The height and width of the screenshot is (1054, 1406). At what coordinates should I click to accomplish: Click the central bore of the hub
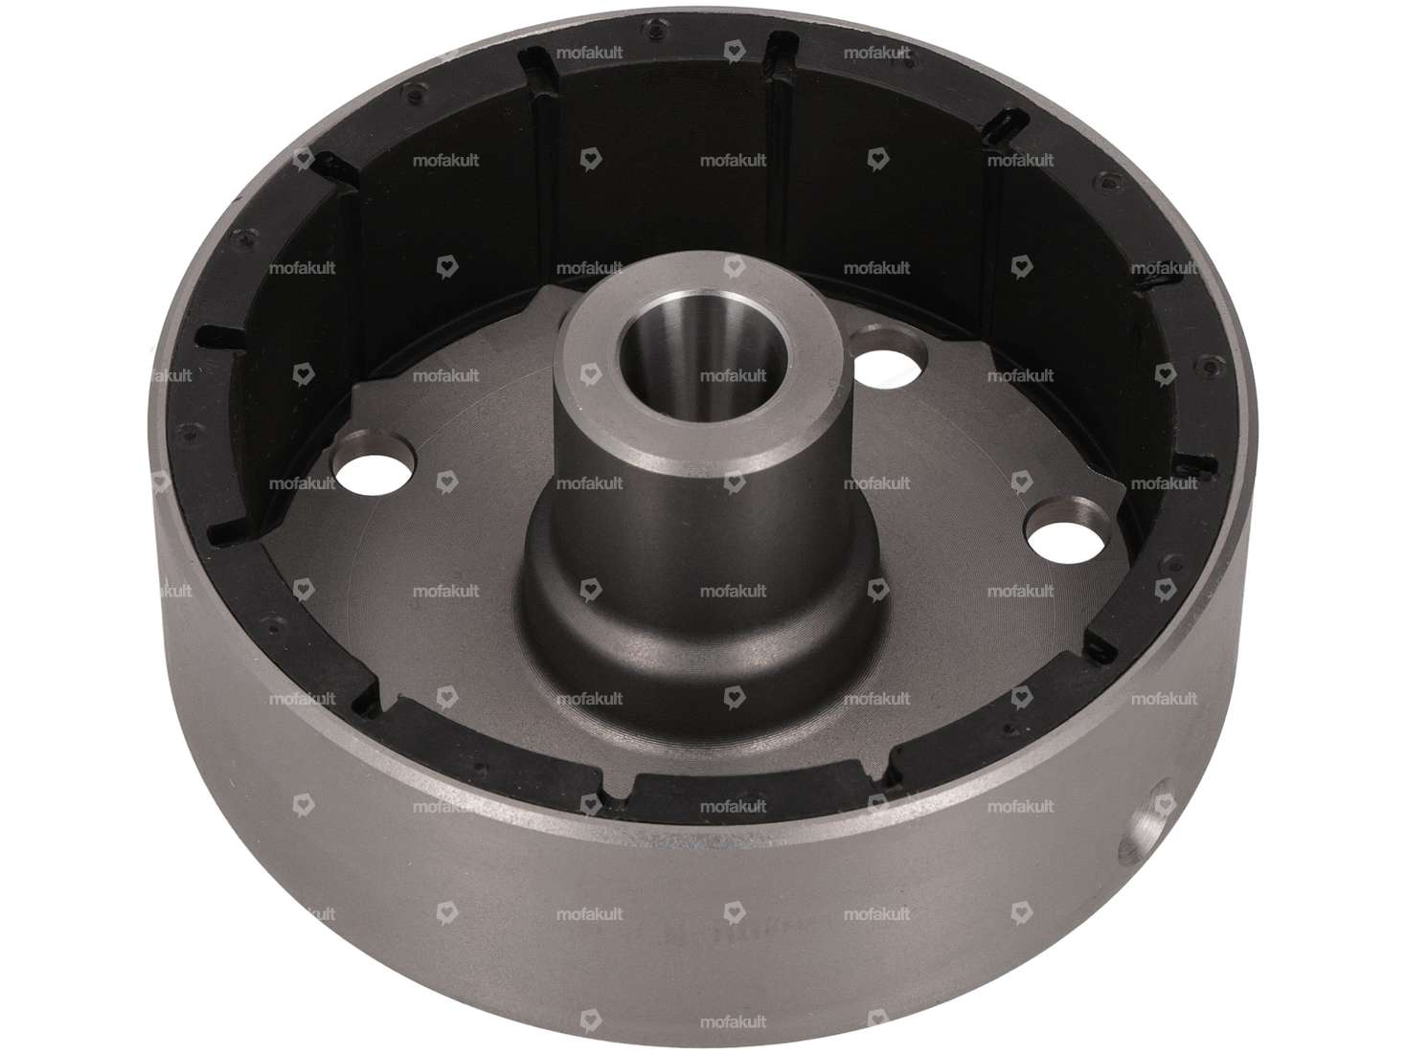pyautogui.click(x=701, y=357)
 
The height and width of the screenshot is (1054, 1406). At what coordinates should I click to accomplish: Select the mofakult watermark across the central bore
pyautogui.click(x=733, y=375)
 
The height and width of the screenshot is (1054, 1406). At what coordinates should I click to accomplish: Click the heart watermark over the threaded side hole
pyautogui.click(x=1164, y=805)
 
